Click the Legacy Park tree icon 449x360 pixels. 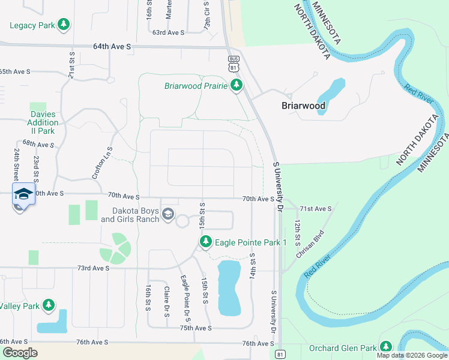pos(63,25)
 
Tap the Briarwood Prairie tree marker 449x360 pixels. pos(237,85)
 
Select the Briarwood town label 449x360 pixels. pos(304,106)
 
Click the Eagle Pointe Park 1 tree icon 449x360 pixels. pos(206,242)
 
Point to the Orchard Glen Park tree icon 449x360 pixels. pos(385,347)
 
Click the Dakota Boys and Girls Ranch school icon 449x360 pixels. pos(168,214)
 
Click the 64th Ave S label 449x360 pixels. pos(112,46)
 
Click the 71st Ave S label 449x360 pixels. pos(316,208)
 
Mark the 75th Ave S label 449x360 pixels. pos(195,328)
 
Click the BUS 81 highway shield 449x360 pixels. pos(234,62)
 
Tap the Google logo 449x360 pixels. pos(20,353)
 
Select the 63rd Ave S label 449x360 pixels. pos(167,32)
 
